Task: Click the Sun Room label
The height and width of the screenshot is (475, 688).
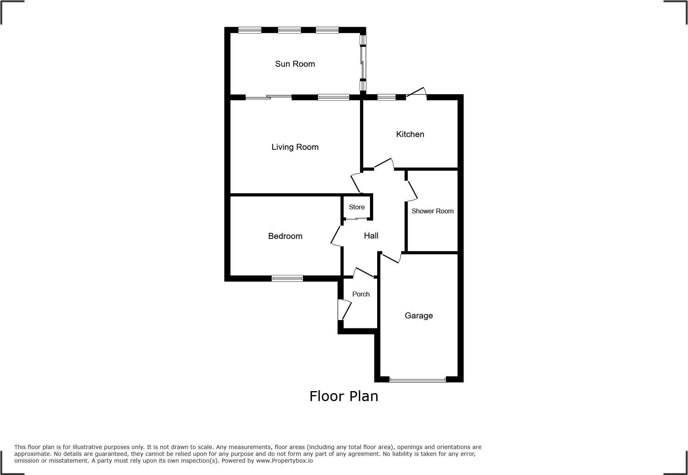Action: [x=295, y=64]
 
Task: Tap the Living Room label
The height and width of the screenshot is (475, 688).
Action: [x=295, y=147]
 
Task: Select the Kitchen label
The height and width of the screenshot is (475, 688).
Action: [x=410, y=134]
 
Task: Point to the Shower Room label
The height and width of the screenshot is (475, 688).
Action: [x=432, y=211]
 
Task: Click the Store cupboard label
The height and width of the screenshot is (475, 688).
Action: [x=356, y=207]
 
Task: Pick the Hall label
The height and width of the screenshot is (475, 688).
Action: [x=371, y=236]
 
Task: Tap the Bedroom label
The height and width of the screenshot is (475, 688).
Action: [x=285, y=236]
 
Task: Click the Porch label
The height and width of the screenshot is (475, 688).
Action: [x=361, y=294]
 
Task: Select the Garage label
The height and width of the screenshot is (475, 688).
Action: [x=419, y=316]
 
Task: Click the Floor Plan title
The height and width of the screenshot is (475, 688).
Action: [x=344, y=396]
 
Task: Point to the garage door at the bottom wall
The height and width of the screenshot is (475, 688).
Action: [x=418, y=380]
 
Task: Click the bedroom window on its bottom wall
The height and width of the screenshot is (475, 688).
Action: [x=287, y=278]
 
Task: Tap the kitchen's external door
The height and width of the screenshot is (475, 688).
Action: [x=416, y=94]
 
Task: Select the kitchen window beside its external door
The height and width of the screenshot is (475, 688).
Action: [x=386, y=97]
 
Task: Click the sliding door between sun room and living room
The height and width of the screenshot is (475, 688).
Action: [x=268, y=97]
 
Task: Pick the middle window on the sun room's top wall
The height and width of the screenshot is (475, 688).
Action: [x=289, y=30]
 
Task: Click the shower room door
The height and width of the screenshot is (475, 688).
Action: [x=412, y=191]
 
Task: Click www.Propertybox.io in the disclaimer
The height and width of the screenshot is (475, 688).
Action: [x=284, y=461]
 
